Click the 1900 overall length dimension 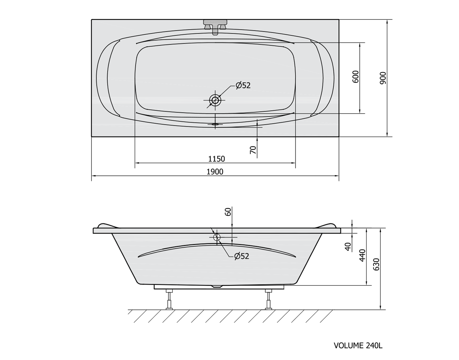tap(215, 172)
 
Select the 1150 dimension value tap(217, 159)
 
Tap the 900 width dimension tap(383, 78)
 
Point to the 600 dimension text tap(356, 77)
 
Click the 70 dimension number tap(253, 150)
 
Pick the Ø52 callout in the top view tap(243, 85)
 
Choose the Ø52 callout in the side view tap(242, 256)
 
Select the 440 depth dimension tap(362, 255)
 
